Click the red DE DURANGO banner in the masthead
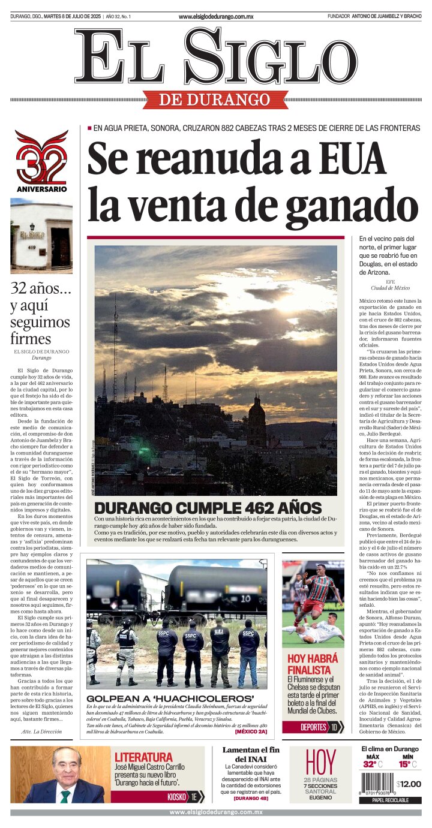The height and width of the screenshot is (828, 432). point(215,100)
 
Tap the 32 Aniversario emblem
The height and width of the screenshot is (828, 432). point(41,160)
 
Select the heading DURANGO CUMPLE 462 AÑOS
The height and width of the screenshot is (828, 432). point(208,507)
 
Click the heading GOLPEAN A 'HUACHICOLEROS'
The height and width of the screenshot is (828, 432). point(170,698)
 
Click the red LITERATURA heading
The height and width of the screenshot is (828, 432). point(143,757)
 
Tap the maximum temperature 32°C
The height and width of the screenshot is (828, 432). point(372,764)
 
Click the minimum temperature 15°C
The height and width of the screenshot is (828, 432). point(407,764)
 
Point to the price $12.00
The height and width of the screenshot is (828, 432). point(409,784)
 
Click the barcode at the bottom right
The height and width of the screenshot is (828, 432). point(376,784)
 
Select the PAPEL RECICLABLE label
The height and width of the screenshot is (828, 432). point(390,800)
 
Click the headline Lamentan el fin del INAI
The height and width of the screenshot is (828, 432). point(251,754)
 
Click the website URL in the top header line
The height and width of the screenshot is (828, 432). point(216,16)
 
